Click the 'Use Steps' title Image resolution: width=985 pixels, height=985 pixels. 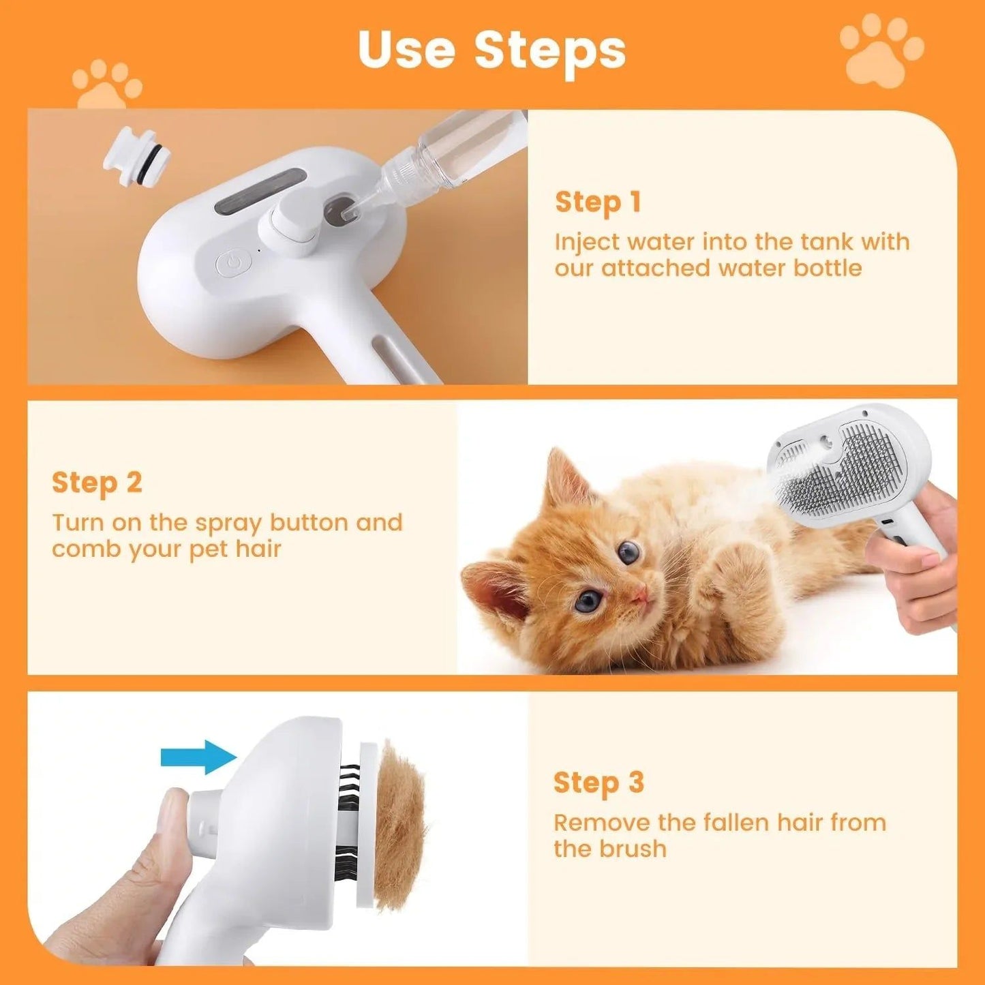coord(491,49)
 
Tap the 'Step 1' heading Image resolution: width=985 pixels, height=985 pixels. coord(598,202)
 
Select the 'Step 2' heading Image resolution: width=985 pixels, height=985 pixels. coord(97,483)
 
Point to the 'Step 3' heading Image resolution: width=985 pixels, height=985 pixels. coord(598,783)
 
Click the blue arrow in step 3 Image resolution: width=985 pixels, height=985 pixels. coord(198,757)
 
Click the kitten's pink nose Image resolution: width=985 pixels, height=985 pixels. coord(639,596)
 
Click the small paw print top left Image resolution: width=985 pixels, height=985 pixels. coord(106,85)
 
